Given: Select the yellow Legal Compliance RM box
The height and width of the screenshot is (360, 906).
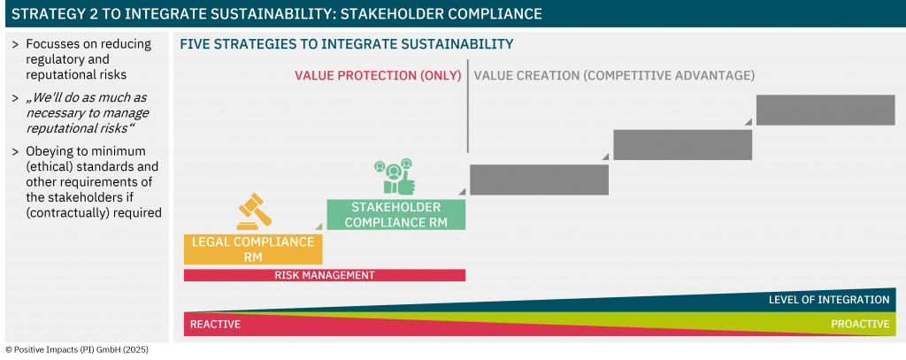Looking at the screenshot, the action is coord(253,249).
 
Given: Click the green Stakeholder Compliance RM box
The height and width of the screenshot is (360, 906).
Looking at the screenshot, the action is coord(395,215).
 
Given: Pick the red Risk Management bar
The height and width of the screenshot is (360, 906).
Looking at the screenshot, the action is coord(325,275).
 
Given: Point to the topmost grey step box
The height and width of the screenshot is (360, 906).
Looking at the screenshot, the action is coord(825,110).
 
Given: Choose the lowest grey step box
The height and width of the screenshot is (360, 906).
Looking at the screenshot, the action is coord(539,180).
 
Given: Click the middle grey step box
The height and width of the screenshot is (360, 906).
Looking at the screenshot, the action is coord(682,144).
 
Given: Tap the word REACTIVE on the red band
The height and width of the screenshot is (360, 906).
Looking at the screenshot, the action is coord(215,324).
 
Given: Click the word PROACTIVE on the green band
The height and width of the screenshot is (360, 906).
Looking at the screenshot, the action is coord(860,324).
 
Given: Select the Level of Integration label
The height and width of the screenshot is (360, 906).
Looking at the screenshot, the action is coord(828,300).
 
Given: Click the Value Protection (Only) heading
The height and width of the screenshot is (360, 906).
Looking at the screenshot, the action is coord(378,76).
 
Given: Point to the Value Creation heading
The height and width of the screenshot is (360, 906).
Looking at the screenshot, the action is coord(614,76).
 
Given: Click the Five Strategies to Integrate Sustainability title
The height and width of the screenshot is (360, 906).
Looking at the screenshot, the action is coord(347,44).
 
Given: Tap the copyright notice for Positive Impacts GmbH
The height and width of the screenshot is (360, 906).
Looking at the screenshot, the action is coord(77,349).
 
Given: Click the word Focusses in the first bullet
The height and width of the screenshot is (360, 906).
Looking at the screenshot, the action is coord(52,44).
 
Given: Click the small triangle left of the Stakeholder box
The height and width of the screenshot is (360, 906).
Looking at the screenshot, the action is coord(319,226).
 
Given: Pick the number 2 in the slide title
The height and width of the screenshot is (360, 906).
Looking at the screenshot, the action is coord(93,14).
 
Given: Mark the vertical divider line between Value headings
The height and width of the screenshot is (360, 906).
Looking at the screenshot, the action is coord(468,106).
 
